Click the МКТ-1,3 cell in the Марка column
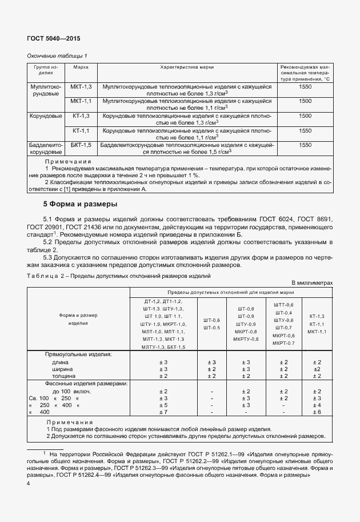[x=81, y=86]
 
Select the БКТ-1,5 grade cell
[x=81, y=145]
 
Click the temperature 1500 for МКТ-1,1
[x=305, y=101]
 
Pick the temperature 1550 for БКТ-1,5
[x=305, y=145]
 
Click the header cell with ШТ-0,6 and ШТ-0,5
[x=211, y=324]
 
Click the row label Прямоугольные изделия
[x=78, y=354]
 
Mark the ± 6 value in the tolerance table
[x=316, y=412]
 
